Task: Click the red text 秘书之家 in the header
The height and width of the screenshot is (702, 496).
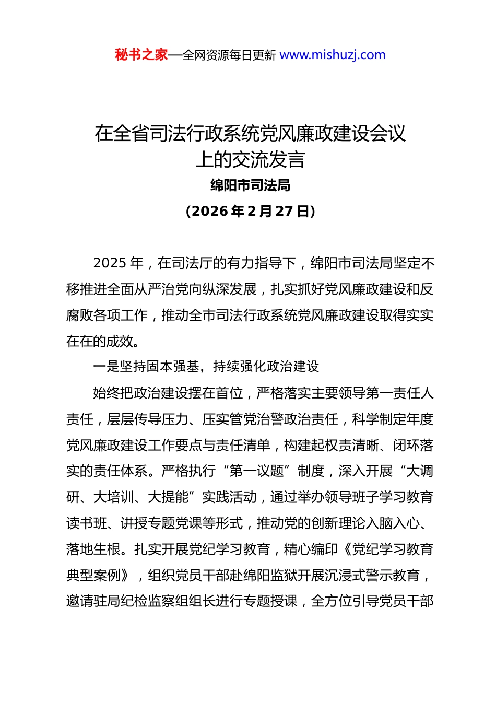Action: pos(141,55)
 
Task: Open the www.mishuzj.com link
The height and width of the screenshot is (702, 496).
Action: pos(333,55)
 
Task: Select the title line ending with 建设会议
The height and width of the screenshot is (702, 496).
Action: pos(250,134)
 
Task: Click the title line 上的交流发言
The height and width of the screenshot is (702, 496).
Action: pos(250,160)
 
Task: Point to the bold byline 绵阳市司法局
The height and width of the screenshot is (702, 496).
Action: pos(250,185)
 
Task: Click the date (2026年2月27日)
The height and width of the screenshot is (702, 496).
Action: pos(250,211)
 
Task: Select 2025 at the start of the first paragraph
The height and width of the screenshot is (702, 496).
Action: pos(110,263)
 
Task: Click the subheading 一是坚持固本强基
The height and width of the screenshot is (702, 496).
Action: pos(146,367)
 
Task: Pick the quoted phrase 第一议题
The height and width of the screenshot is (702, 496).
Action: pos(256,471)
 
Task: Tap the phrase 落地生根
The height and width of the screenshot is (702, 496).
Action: pos(93,549)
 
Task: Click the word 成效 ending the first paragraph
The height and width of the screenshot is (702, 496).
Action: pos(119,341)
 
